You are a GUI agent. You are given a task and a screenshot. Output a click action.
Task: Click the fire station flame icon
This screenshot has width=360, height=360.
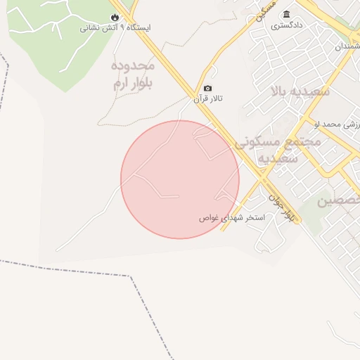pyautogui.click(x=115, y=17)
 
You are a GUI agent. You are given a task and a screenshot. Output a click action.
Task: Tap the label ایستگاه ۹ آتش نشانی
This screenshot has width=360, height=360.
pyautogui.click(x=115, y=28)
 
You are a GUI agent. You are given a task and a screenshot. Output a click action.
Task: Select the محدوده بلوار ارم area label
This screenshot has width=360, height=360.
pyautogui.click(x=133, y=75)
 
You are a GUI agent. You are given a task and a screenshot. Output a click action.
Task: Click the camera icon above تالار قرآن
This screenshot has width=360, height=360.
pyautogui.click(x=207, y=89)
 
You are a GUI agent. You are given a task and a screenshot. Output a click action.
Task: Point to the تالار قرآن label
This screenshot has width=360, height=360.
pyautogui.click(x=208, y=100)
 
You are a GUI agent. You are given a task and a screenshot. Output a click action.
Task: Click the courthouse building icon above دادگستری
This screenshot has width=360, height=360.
pyautogui.click(x=286, y=14)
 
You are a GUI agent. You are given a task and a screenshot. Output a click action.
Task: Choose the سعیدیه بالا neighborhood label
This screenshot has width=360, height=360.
pyautogui.click(x=300, y=91)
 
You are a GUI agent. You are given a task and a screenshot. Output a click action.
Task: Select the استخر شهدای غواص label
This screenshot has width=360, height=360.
pyautogui.click(x=232, y=218)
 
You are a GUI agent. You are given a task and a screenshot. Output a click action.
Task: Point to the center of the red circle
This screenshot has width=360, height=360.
pyautogui.click(x=180, y=179)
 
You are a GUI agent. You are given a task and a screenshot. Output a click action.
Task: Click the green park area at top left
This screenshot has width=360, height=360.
pyautogui.click(x=56, y=49)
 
